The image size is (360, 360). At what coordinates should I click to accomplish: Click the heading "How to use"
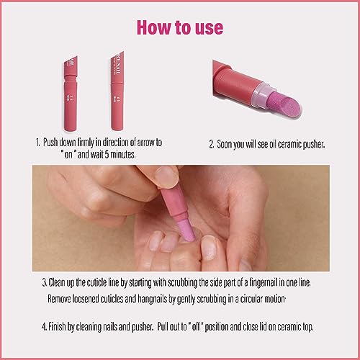(x=180, y=27)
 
